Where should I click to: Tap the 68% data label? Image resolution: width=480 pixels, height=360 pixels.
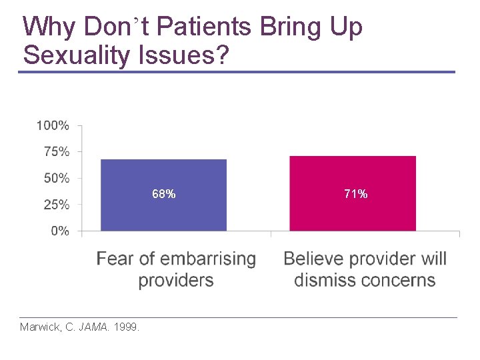[164, 194]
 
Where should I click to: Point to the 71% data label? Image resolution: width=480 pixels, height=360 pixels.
[355, 194]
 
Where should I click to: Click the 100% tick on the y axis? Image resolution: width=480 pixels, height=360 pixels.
[53, 125]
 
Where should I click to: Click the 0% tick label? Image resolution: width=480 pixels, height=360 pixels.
[60, 231]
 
